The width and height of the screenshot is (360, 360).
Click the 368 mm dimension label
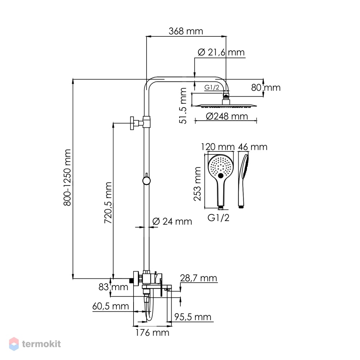[186, 31]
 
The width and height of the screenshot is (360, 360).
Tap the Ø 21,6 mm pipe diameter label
[221, 52]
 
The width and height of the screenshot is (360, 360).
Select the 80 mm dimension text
[266, 87]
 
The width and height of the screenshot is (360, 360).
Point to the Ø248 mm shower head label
[227, 116]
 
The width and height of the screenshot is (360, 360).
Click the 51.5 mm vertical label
[183, 106]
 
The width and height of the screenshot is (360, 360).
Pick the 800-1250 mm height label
[68, 177]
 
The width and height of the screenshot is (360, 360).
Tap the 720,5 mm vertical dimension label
[108, 203]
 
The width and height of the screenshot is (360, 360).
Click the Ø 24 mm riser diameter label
[172, 221]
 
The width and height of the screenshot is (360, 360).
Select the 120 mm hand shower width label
[218, 147]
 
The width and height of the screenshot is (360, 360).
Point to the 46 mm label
[253, 147]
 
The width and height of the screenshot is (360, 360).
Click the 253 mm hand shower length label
[197, 184]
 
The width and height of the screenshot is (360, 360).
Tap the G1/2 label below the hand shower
[219, 217]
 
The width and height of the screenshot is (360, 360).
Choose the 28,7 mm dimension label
[199, 278]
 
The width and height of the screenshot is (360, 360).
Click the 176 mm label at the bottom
[152, 332]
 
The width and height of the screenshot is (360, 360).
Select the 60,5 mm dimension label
[111, 306]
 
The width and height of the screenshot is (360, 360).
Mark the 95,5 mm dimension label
[193, 317]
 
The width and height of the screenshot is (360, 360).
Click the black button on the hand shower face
[221, 176]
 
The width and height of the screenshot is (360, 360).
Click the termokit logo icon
[14, 344]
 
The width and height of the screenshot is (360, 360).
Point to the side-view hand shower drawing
[243, 181]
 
